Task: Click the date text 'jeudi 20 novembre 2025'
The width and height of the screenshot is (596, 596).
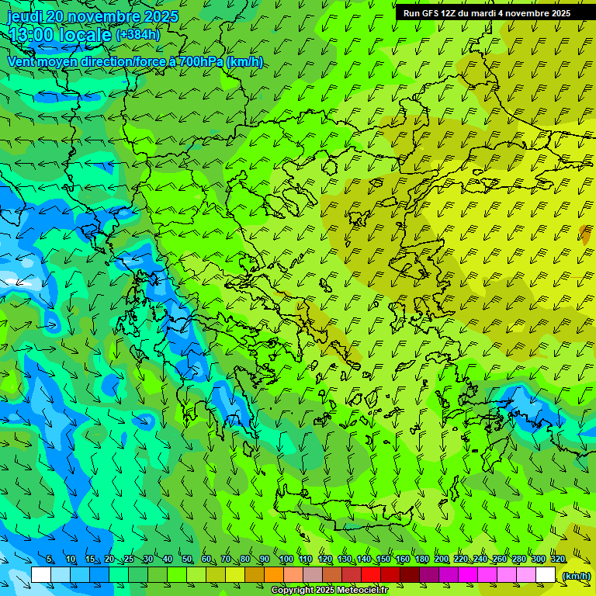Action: click(x=92, y=16)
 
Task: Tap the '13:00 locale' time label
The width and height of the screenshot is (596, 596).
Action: click(x=60, y=35)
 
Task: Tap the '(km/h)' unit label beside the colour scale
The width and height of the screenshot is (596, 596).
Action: click(x=576, y=576)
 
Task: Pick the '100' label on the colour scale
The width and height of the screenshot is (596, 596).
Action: click(x=286, y=560)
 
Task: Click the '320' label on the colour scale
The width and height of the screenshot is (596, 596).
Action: click(x=557, y=560)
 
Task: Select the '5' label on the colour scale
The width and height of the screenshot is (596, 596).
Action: click(x=50, y=560)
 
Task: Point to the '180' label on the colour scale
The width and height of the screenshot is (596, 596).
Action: click(x=421, y=560)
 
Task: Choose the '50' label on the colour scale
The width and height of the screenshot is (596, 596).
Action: click(x=187, y=560)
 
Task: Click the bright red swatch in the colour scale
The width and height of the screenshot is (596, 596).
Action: click(x=371, y=575)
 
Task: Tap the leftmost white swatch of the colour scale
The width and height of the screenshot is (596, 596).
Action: click(x=41, y=575)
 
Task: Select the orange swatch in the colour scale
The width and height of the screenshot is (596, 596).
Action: click(x=274, y=575)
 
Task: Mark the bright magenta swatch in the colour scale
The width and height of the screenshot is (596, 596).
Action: click(x=468, y=575)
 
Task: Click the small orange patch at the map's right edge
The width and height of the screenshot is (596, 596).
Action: click(x=584, y=232)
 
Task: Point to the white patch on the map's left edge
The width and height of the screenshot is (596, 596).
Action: click(x=9, y=281)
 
